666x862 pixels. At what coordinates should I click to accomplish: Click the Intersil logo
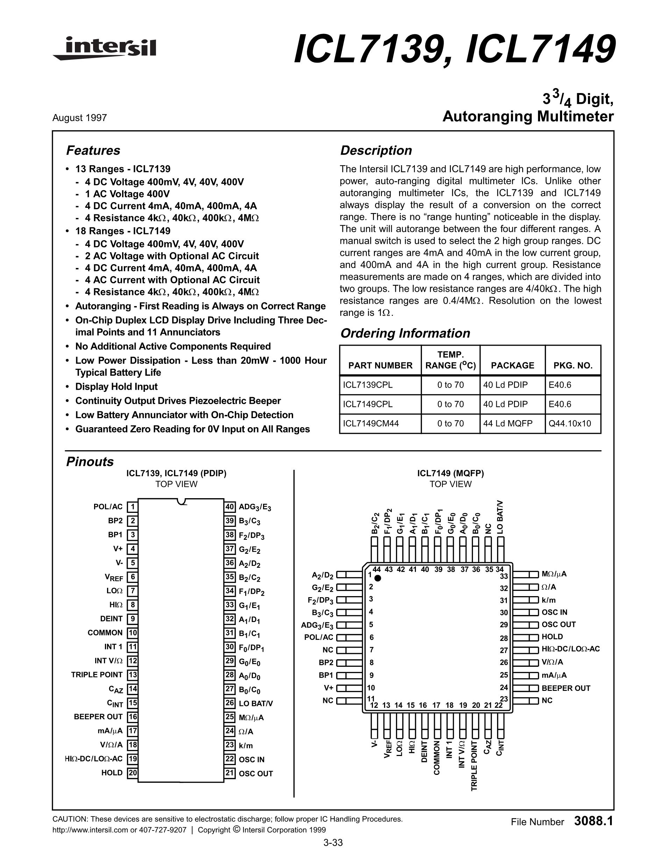point(105,49)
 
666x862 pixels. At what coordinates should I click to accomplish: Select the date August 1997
point(79,118)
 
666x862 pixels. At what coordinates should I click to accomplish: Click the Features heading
point(93,150)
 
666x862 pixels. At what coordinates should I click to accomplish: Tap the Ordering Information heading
point(405,333)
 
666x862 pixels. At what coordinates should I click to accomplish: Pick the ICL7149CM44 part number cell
point(371,424)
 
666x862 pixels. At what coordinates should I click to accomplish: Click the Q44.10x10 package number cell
point(570,424)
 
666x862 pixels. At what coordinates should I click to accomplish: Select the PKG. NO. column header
point(573,366)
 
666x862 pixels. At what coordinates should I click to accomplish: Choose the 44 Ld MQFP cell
point(508,424)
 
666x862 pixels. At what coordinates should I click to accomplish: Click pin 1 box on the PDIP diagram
point(133,507)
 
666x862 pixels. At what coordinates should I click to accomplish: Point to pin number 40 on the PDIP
point(229,507)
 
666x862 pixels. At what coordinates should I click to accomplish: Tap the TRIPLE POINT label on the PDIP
point(97,674)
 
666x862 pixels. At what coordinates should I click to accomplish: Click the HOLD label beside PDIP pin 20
point(112,773)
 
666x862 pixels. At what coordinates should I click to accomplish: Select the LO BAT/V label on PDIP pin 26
point(256,703)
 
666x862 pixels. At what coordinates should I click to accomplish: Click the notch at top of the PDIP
point(182,502)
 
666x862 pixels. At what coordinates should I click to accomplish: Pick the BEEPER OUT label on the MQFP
point(566,688)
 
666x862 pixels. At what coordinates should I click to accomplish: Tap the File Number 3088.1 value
point(594,821)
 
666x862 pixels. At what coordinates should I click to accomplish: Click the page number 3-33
point(333,843)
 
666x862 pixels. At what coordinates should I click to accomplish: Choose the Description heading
point(376,150)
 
